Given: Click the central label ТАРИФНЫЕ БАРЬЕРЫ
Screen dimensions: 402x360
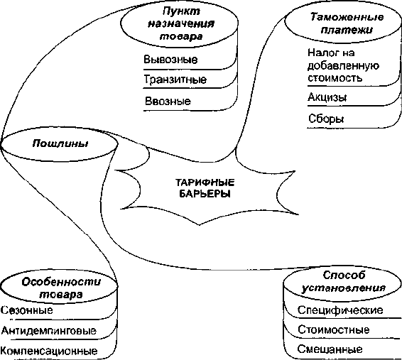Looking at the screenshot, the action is pyautogui.click(x=205, y=188).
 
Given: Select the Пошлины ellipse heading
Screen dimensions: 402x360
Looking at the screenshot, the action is pyautogui.click(x=60, y=143).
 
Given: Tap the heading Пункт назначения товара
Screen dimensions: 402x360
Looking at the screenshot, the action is pyautogui.click(x=181, y=23).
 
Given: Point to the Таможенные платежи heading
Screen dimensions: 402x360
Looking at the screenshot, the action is pyautogui.click(x=347, y=23).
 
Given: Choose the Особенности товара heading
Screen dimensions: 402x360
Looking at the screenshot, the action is pyautogui.click(x=61, y=288).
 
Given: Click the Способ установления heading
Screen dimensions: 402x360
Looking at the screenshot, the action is pyautogui.click(x=344, y=281).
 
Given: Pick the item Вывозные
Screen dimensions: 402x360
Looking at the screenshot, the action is pyautogui.click(x=170, y=60).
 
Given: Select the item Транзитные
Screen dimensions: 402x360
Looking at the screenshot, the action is pyautogui.click(x=175, y=80).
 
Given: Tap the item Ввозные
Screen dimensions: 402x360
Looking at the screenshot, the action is pyautogui.click(x=168, y=102).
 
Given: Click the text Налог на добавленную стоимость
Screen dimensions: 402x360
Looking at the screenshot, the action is pyautogui.click(x=343, y=65).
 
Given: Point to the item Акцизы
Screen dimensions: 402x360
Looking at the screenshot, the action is pyautogui.click(x=327, y=97).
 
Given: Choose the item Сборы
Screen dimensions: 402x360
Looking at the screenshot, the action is pyautogui.click(x=326, y=119).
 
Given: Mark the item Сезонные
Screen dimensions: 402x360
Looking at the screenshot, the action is pyautogui.click(x=27, y=310).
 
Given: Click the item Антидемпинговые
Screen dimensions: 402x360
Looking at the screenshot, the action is pyautogui.click(x=49, y=331).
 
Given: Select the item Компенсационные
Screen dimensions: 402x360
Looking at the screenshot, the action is pyautogui.click(x=49, y=351).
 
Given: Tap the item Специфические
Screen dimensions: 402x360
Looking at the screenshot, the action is pyautogui.click(x=340, y=310).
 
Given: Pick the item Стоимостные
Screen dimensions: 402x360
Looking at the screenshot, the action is pyautogui.click(x=334, y=329).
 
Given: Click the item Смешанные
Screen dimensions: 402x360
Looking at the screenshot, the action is pyautogui.click(x=330, y=349).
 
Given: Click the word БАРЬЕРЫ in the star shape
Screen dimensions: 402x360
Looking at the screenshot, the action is pyautogui.click(x=205, y=194).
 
